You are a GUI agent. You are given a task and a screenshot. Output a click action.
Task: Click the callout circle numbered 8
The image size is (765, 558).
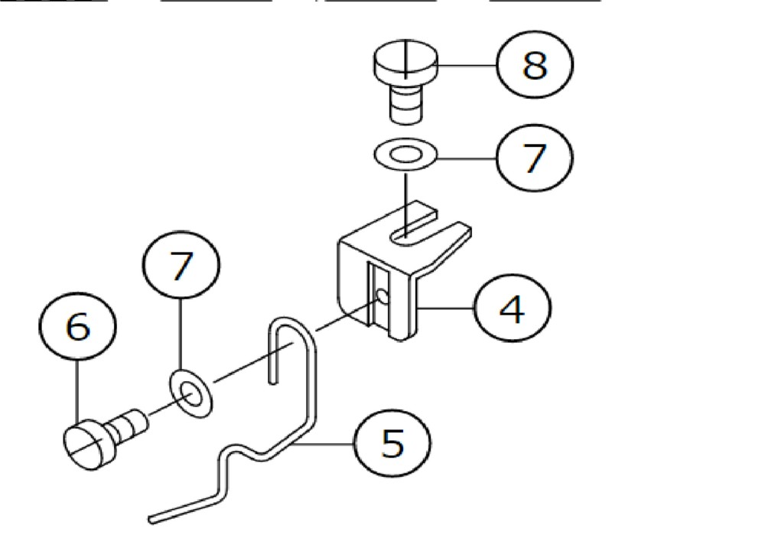pos(535,64)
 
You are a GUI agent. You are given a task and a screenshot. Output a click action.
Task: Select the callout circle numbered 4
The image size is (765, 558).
pos(512,309)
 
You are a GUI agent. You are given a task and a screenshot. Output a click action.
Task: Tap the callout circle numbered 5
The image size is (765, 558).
pos(392,443)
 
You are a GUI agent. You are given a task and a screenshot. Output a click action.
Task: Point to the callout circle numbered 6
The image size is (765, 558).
pos(77,327)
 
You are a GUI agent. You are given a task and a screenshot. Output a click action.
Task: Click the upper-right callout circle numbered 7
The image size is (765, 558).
pos(534,158)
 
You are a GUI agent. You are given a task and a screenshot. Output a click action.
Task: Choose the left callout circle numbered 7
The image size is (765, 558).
pos(181,265)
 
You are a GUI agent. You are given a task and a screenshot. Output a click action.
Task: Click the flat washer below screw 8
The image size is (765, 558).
pos(405,155)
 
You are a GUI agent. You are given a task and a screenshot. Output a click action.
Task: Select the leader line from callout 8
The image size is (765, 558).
pos(468,67)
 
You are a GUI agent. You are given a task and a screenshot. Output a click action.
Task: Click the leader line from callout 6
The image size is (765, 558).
pos(77,390)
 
